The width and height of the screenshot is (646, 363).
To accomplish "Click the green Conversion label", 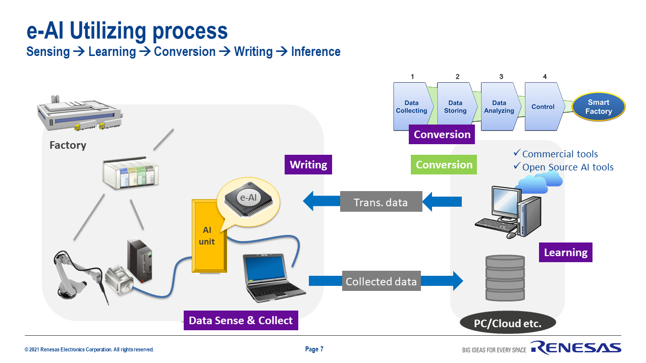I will click(444, 165).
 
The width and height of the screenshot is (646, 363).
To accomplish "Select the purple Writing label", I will click(308, 165).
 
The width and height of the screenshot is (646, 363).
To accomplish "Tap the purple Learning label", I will click(566, 252).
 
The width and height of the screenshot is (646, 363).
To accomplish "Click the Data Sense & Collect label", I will click(241, 321).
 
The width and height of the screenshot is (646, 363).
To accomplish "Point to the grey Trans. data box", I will click(381, 202).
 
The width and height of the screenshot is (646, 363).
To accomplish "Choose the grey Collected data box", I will click(381, 281).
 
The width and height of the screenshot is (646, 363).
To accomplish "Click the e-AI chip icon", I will click(248, 198).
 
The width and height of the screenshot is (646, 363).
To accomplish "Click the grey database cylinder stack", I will click(505, 278).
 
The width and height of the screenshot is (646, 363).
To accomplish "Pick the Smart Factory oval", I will click(599, 107).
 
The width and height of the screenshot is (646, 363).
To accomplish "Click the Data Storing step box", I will click(455, 107).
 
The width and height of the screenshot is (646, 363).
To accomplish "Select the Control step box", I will click(543, 107).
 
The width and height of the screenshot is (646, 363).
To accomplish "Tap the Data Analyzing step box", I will click(499, 107).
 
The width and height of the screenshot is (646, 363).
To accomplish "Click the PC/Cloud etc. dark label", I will click(508, 324).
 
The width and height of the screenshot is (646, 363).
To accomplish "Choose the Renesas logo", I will click(576, 348).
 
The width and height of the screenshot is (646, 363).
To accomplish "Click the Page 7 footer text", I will click(314, 349).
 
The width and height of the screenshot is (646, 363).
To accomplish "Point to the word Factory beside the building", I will click(68, 145).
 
